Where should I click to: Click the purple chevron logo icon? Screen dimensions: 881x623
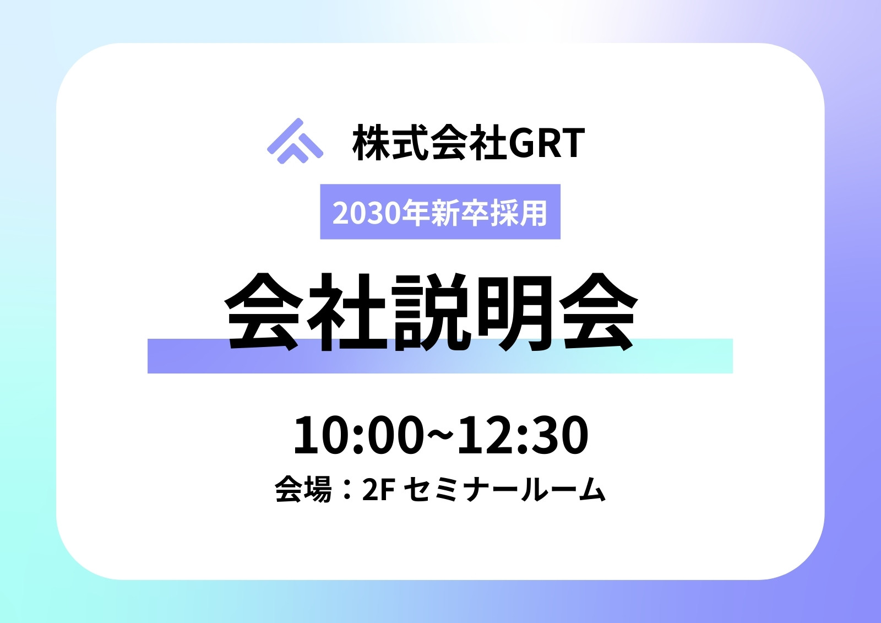point(295,141)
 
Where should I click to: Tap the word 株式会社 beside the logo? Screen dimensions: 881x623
point(429,142)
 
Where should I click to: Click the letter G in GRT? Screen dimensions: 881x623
point(523,143)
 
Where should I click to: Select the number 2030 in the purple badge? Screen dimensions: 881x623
point(364,213)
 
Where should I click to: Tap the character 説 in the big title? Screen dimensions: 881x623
point(431,311)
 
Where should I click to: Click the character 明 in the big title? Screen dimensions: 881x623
point(513,311)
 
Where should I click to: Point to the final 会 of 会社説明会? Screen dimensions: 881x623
point(598,311)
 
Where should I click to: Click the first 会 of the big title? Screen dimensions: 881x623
point(264,311)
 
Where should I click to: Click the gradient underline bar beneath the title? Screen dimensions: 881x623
point(440,356)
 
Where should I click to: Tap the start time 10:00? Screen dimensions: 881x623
point(358,435)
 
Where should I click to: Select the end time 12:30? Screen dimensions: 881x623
point(523,435)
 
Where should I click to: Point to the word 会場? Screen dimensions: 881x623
point(303,489)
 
